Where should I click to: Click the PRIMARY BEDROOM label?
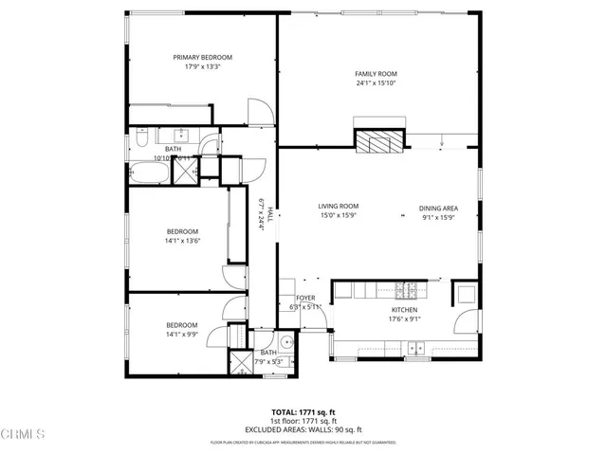(x=202, y=57)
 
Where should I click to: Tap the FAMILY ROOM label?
(x=376, y=74)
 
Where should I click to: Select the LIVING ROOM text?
(x=338, y=206)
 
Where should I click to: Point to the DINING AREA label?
(x=439, y=208)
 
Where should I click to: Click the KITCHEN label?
(x=405, y=310)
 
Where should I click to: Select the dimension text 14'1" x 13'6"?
(x=183, y=242)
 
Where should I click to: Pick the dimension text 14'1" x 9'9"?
(x=183, y=334)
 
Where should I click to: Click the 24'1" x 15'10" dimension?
(x=376, y=83)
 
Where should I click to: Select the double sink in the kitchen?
(x=416, y=350)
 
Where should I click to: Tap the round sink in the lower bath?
(x=285, y=342)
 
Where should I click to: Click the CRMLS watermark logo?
(x=25, y=434)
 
